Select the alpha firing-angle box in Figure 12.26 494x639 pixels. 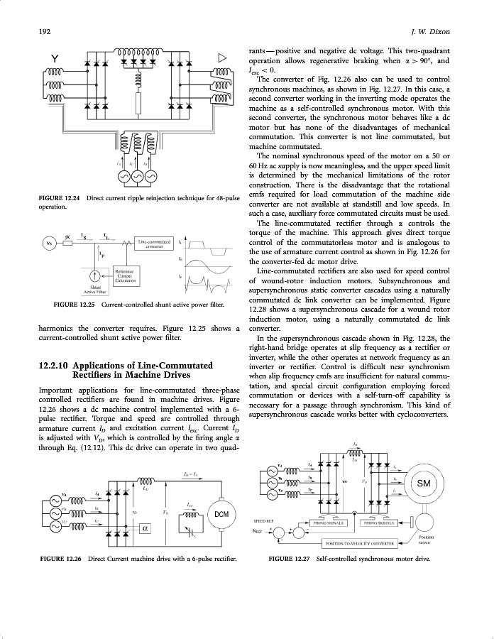click(144, 528)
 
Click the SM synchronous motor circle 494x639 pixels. click(424, 484)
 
